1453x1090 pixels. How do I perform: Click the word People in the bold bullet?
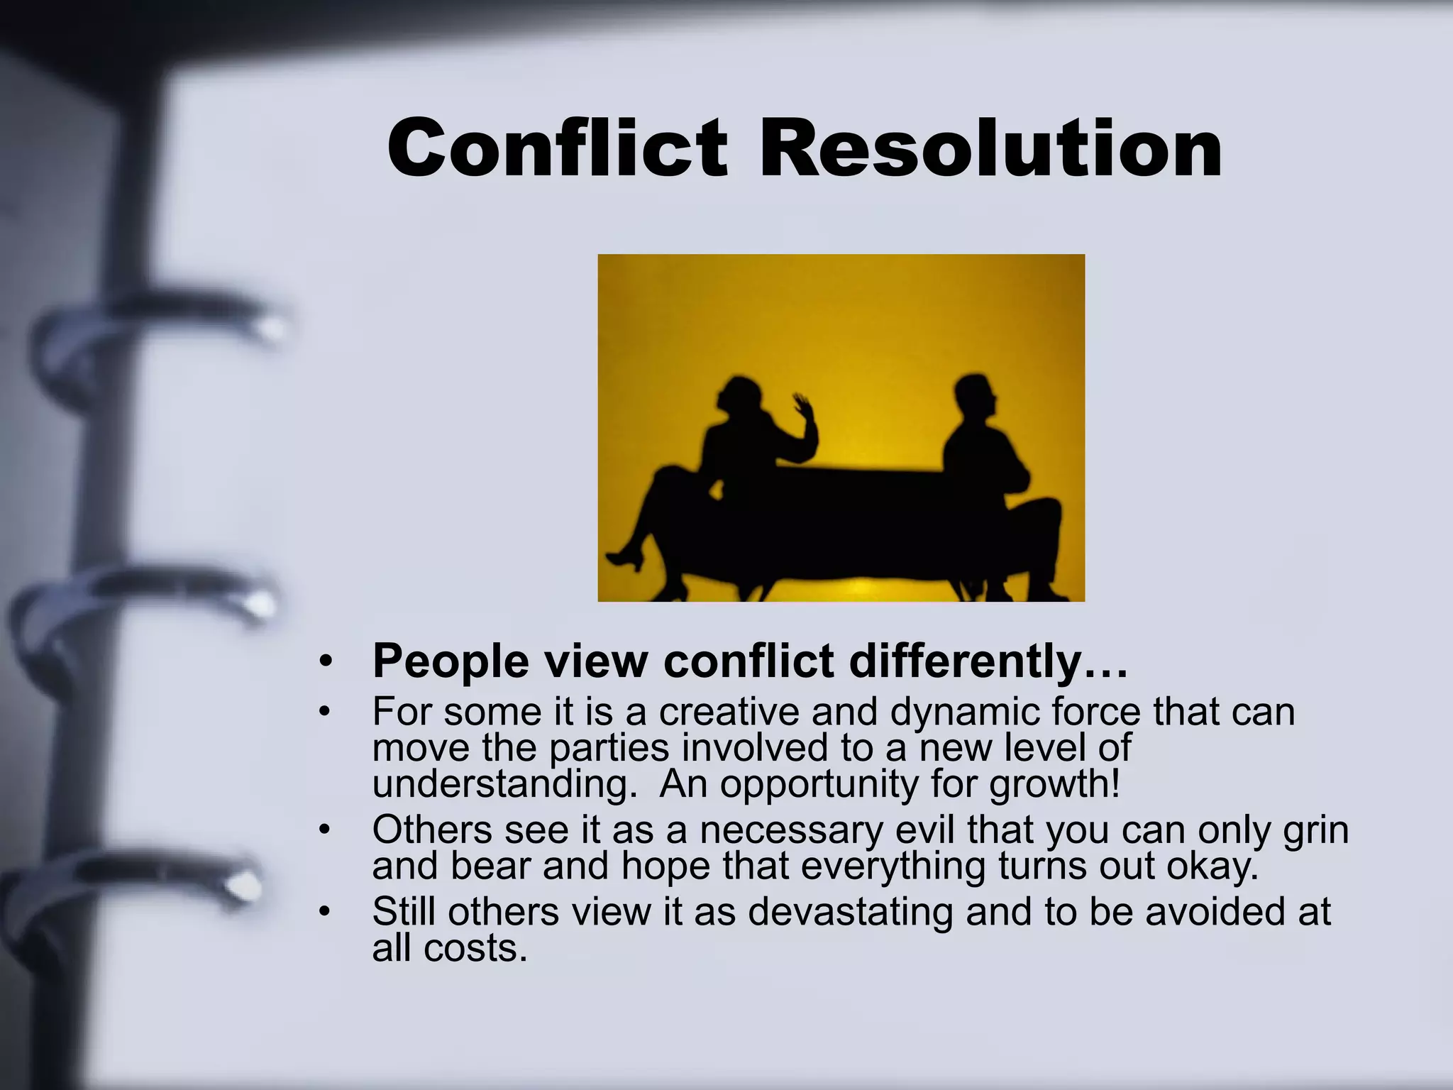coord(451,661)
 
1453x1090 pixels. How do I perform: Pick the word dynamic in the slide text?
coord(964,712)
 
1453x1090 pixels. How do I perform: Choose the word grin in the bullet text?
coord(1315,830)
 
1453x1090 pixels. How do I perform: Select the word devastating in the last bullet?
coord(850,912)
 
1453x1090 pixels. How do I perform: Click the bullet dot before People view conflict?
coord(326,661)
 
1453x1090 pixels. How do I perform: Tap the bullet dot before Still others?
coord(326,912)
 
